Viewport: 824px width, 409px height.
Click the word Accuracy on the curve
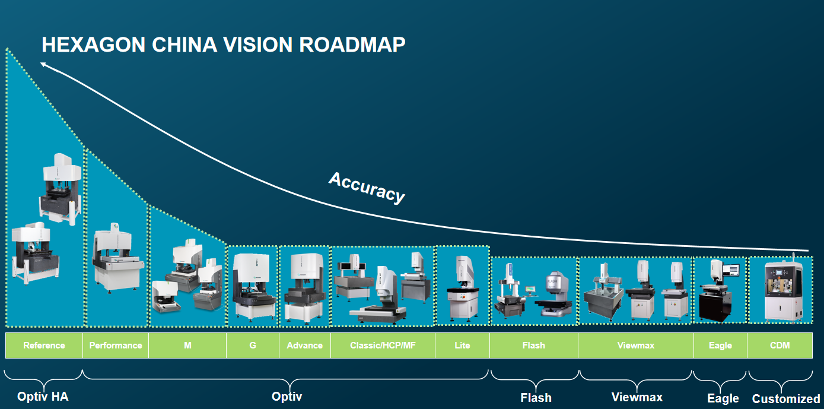[367, 188]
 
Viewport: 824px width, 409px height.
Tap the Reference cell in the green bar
[44, 345]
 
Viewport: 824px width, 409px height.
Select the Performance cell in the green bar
[116, 345]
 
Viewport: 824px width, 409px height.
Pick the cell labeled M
[187, 345]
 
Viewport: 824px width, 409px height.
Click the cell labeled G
[253, 345]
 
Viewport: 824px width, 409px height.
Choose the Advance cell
[305, 345]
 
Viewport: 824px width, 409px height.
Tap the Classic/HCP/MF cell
[383, 345]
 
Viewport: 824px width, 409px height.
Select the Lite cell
[462, 345]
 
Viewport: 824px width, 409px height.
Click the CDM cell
[780, 345]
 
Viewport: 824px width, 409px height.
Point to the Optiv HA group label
[43, 397]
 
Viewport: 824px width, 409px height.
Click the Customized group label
[786, 399]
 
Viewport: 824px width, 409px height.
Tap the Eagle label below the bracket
[723, 399]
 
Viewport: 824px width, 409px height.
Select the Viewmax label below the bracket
[637, 397]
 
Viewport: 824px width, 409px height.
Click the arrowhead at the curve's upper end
[43, 64]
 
